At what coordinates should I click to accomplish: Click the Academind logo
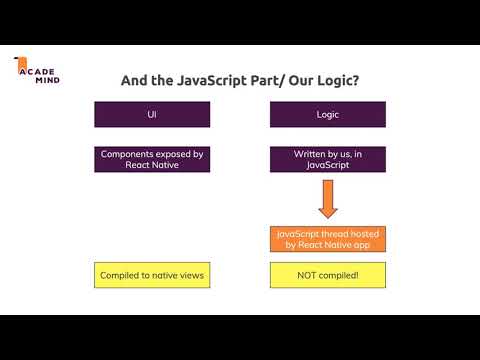tap(36, 71)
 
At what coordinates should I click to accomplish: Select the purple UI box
tap(152, 115)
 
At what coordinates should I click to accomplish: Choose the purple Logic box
tap(328, 115)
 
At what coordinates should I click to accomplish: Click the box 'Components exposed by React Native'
tap(152, 160)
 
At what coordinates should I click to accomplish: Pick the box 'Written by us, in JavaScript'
tap(328, 160)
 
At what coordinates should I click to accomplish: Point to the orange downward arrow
tap(328, 199)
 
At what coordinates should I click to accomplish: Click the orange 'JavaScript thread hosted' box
tap(328, 240)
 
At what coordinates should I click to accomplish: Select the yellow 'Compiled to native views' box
tap(152, 275)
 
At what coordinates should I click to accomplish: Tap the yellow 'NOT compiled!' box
tap(328, 275)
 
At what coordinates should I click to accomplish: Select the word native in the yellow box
tap(166, 275)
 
